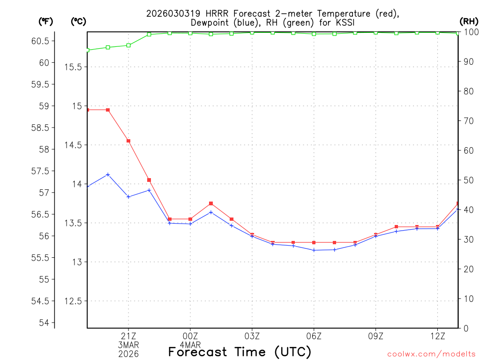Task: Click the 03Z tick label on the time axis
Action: [252, 336]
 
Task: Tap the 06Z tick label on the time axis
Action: [314, 336]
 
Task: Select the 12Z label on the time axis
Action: [437, 336]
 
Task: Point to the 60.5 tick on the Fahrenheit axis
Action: [40, 41]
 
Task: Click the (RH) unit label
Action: [469, 21]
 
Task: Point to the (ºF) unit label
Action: [45, 21]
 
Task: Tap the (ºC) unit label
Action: [78, 21]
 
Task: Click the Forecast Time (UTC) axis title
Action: [240, 352]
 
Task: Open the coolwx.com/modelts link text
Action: [431, 354]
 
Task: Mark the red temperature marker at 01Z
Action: [211, 203]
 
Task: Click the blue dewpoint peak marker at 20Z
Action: [108, 174]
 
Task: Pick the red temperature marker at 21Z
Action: [128, 141]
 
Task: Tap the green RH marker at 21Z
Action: [128, 45]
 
